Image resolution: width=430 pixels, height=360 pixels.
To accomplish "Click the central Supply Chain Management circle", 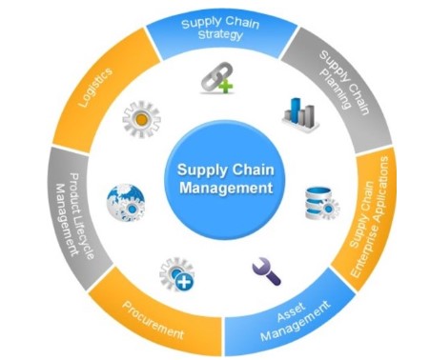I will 220,177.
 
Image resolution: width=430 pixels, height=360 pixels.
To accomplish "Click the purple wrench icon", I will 266,272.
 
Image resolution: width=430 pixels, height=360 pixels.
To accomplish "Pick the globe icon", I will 125,201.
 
